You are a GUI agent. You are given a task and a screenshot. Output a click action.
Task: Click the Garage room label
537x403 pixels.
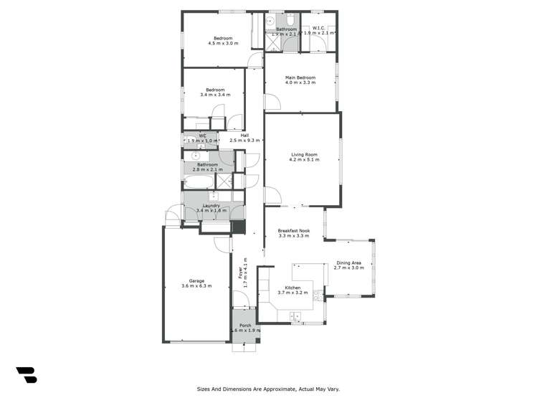point(196,280)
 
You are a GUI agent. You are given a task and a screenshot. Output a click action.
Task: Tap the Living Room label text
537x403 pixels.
point(305,153)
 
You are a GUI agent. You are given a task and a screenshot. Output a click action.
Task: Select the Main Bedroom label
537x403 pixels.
point(300,77)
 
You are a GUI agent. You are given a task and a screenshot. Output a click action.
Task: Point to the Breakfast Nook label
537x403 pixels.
point(293,229)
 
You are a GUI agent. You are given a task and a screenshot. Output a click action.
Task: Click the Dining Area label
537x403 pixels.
point(350,262)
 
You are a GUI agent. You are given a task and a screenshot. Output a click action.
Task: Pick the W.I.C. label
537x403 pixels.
point(319,28)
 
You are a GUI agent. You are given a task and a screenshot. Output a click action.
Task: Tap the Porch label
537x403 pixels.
point(245,325)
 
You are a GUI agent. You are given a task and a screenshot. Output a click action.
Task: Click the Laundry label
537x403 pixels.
point(211,205)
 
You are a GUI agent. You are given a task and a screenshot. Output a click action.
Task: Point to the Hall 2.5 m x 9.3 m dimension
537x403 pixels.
point(244,141)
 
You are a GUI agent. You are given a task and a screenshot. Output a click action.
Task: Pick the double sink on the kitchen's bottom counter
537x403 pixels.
point(294,316)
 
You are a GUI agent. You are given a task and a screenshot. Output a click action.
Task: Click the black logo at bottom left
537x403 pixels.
point(26,374)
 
